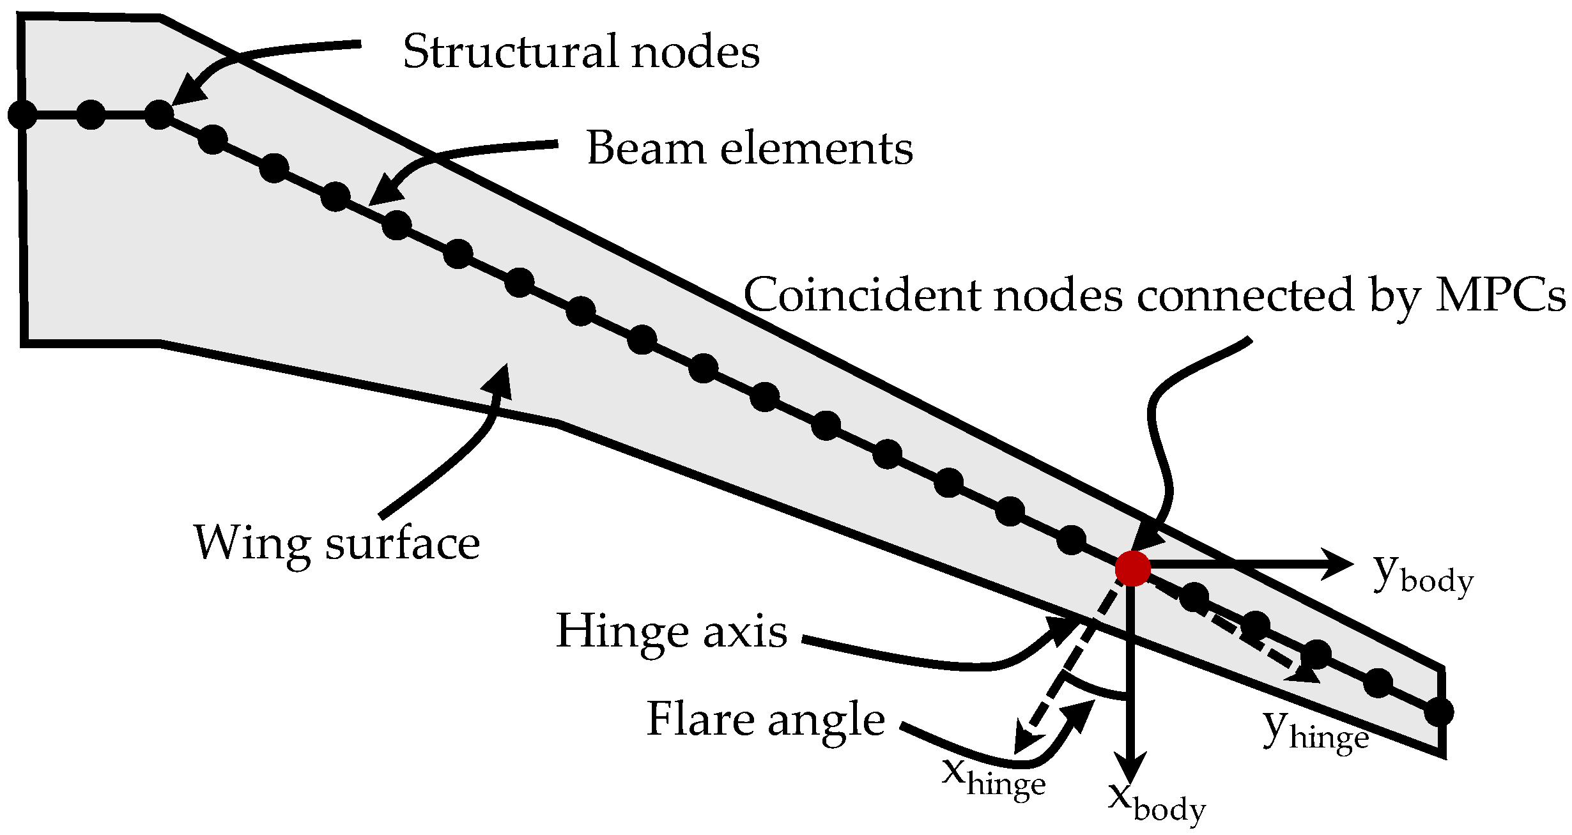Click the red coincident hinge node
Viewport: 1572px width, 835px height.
(1132, 568)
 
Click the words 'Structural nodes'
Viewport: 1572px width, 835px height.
(581, 52)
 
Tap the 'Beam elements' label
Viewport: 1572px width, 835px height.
(750, 148)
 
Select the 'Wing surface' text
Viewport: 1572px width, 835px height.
(337, 543)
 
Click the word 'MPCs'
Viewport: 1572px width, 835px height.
(1500, 296)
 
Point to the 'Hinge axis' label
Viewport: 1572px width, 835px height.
(672, 631)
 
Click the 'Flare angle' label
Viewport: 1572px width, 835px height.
(766, 719)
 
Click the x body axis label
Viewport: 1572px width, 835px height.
(1156, 802)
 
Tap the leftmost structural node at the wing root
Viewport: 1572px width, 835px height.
(22, 115)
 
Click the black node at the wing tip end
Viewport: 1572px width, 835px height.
(1440, 712)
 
